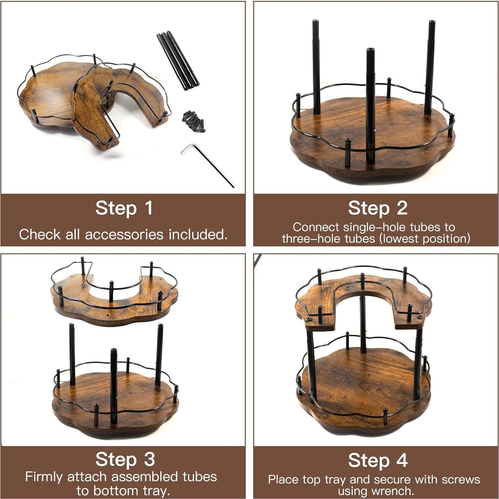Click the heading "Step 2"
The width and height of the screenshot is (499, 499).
coord(377,208)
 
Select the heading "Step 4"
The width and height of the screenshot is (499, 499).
coord(377,461)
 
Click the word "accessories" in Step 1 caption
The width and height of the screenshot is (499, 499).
coord(124,235)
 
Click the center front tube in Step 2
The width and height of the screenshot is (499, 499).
coord(370,107)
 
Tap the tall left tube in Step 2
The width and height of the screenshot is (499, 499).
coord(316,67)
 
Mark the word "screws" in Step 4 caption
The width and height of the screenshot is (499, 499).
coord(460,480)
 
